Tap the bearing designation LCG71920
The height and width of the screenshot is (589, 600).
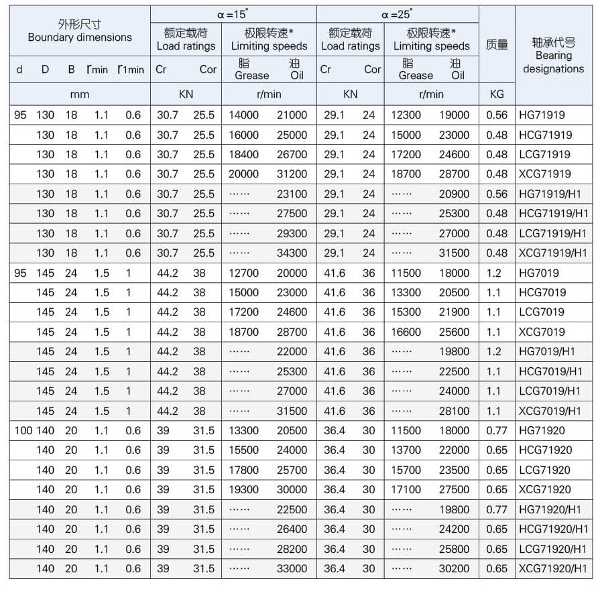click(x=545, y=470)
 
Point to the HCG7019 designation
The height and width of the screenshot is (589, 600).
click(x=542, y=292)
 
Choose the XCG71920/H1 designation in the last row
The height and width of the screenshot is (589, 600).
click(x=553, y=568)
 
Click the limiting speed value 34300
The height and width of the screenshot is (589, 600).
click(x=292, y=253)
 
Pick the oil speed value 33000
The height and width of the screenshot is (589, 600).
click(x=292, y=568)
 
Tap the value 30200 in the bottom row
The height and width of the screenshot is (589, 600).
click(x=455, y=568)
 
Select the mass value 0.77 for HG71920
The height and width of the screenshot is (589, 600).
click(x=497, y=431)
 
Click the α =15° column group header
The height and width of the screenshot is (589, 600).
click(x=233, y=13)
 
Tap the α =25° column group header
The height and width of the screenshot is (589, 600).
click(x=398, y=13)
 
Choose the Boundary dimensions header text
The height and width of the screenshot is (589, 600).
click(x=80, y=38)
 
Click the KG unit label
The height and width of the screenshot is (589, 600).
click(x=497, y=94)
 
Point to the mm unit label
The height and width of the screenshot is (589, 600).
click(x=79, y=94)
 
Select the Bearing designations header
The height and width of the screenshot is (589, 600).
click(x=553, y=62)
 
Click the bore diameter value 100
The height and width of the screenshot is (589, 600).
click(x=23, y=431)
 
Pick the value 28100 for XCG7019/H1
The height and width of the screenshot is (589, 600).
click(x=455, y=411)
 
